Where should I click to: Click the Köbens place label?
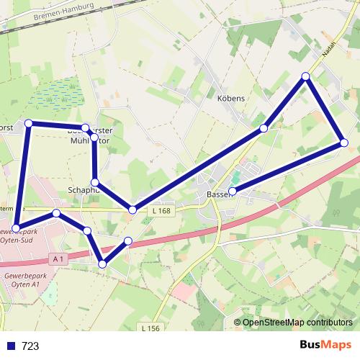click(231, 98)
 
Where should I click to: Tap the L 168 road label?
click(162, 210)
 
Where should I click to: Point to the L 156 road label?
click(150, 328)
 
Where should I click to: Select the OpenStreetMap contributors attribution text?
click(297, 323)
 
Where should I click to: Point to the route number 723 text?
click(30, 346)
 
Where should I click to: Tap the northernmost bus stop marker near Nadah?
click(305, 76)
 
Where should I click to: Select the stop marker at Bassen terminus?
click(233, 191)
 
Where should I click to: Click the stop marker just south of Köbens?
click(264, 128)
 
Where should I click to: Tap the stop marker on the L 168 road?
click(132, 210)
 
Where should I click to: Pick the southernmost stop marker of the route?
click(102, 264)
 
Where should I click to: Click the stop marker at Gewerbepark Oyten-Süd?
click(16, 228)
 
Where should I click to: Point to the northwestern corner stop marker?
click(29, 124)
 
